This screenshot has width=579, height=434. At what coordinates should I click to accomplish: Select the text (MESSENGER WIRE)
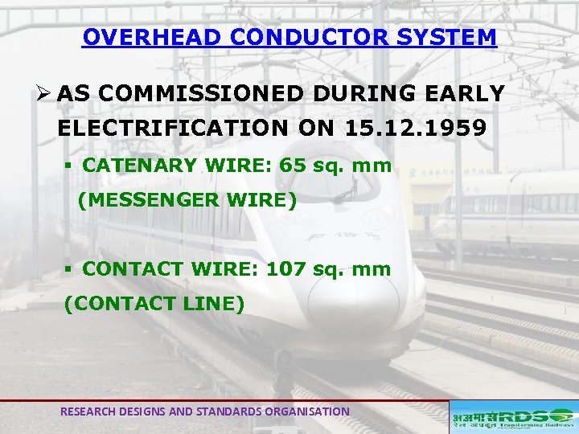coord(187,201)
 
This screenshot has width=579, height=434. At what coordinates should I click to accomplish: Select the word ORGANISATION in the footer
coord(310,411)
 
